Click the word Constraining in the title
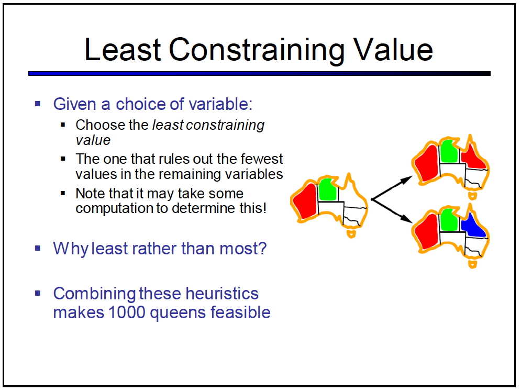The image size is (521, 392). point(257,50)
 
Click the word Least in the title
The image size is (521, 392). point(123,49)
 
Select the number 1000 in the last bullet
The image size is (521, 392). point(127,312)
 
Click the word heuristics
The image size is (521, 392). point(222,294)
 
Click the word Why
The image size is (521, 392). point(71,249)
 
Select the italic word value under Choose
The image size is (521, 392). point(93,140)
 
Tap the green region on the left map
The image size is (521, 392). point(328,190)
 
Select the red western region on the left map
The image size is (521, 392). point(305,201)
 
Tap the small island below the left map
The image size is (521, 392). point(351,233)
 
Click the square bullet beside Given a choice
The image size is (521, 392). point(38,104)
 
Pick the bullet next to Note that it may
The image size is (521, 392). point(63,193)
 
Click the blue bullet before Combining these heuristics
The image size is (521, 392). point(38,293)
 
